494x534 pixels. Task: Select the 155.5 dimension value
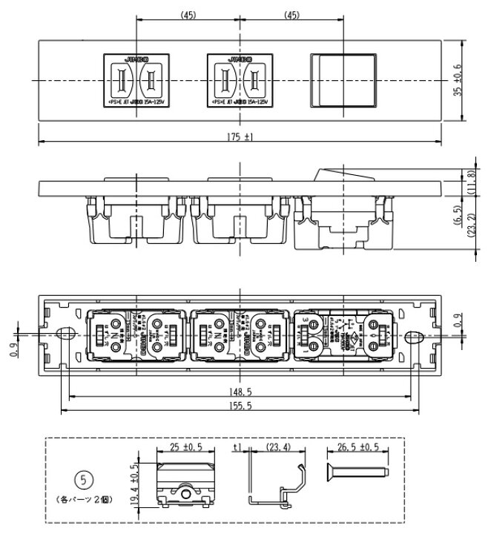pos(242,406)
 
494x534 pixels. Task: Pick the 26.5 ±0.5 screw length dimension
pos(358,447)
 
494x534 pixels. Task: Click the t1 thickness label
pos(237,447)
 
